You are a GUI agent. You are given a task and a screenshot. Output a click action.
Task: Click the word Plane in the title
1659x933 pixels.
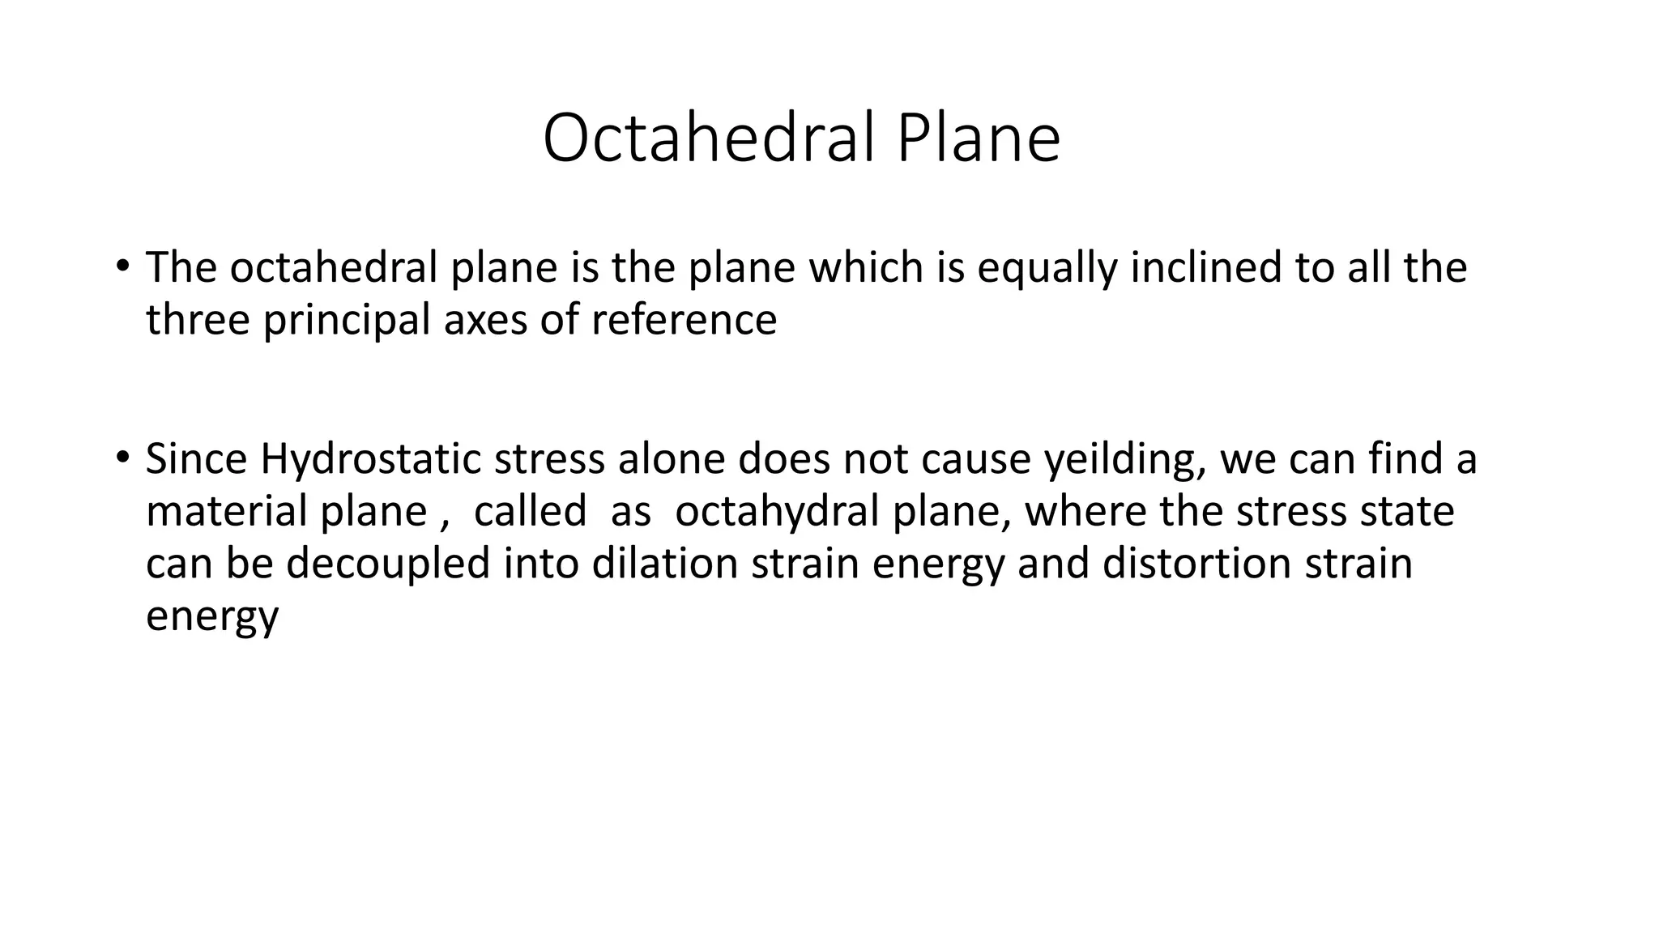click(978, 138)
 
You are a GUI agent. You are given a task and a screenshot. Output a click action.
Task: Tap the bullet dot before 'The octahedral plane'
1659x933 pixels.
click(122, 266)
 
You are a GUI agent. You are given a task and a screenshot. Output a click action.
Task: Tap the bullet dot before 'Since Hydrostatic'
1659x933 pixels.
click(122, 458)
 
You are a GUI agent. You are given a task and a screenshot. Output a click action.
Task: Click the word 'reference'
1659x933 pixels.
click(684, 320)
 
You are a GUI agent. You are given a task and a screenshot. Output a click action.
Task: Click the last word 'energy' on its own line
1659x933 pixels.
click(212, 616)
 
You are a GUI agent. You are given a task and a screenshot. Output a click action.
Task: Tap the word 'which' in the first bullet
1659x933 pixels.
click(867, 268)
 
